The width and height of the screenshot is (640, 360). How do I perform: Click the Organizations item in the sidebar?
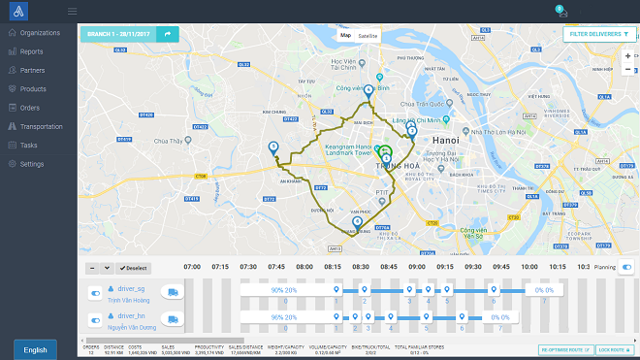click(x=39, y=33)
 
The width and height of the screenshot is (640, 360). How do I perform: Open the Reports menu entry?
click(x=31, y=51)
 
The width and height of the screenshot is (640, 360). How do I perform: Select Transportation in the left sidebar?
click(x=41, y=126)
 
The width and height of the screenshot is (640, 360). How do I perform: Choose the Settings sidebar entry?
click(x=31, y=164)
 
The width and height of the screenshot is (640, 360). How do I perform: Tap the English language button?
click(x=35, y=350)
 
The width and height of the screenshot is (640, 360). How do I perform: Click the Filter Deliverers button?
click(x=599, y=34)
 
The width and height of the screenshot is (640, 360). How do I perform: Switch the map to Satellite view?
click(x=368, y=36)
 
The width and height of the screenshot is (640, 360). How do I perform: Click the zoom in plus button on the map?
click(x=628, y=55)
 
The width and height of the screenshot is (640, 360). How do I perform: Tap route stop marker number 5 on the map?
click(x=272, y=147)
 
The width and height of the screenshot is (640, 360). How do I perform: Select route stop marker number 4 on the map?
click(x=368, y=90)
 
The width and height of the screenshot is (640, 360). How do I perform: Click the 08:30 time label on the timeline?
click(x=361, y=266)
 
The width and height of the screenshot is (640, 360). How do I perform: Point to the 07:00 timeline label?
click(x=192, y=266)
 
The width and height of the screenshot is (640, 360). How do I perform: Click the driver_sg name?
click(x=131, y=288)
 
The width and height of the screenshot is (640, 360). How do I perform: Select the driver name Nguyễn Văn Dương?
click(x=132, y=329)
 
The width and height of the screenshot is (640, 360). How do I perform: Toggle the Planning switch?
click(x=626, y=266)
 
